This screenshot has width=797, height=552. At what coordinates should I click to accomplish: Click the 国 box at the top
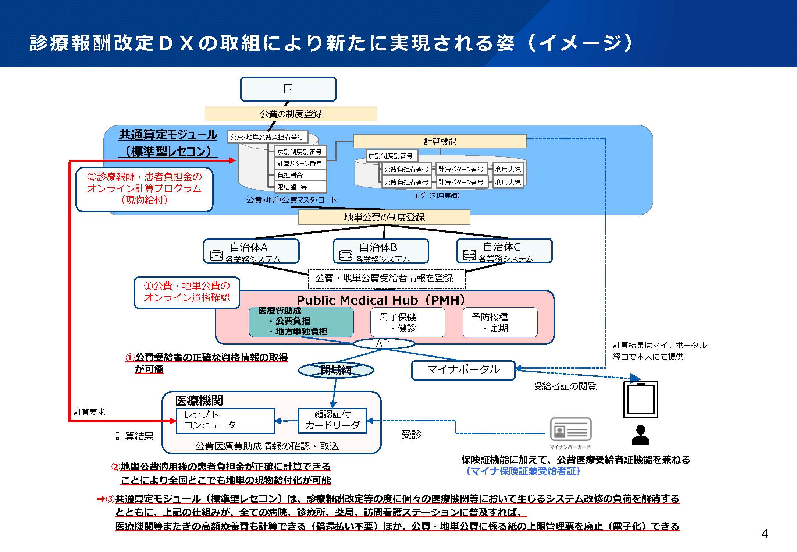[x=288, y=89]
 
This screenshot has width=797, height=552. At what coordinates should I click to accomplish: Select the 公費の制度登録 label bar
[x=291, y=114]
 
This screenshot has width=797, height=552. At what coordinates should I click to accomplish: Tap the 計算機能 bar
[x=440, y=141]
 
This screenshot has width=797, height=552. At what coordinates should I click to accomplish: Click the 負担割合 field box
[x=300, y=175]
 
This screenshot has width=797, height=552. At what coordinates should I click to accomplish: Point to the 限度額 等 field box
[x=300, y=187]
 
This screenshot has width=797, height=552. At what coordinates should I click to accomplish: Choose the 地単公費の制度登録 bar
[x=384, y=217]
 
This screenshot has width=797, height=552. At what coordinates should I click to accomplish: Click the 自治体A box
[x=251, y=251]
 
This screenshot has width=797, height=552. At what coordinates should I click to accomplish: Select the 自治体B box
[x=381, y=251]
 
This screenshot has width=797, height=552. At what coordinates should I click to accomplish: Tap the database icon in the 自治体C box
[x=469, y=255]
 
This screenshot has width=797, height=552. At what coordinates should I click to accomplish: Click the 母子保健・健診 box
[x=408, y=322]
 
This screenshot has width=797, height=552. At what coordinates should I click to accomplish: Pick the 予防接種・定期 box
[x=500, y=322]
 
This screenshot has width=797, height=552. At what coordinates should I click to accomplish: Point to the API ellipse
[x=384, y=343]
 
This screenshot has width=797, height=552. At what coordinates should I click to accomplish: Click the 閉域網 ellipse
[x=336, y=370]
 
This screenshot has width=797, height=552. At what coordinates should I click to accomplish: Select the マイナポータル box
[x=463, y=370]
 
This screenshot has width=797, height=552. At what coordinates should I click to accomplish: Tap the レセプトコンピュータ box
[x=225, y=421]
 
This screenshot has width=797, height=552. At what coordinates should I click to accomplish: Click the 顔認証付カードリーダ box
[x=332, y=420]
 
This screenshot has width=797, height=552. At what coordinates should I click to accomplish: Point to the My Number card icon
[x=570, y=429]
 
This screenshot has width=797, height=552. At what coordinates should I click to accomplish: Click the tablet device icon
[x=640, y=400]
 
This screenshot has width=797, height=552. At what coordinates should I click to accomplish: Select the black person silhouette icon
[x=640, y=435]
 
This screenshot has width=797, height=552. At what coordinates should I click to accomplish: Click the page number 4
[x=765, y=534]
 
